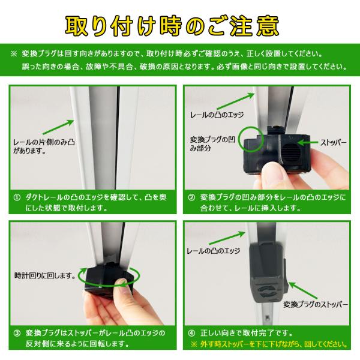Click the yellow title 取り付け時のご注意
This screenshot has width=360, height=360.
(x=172, y=26)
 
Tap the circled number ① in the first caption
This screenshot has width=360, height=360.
(x=17, y=197)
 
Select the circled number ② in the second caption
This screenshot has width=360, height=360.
(x=191, y=197)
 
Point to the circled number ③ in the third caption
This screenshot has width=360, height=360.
(x=17, y=333)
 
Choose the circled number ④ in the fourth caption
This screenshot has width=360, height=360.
(x=191, y=333)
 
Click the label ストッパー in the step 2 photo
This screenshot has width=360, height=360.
(x=334, y=143)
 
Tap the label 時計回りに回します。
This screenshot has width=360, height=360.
(x=45, y=275)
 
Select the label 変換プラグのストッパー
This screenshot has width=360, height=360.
(x=316, y=304)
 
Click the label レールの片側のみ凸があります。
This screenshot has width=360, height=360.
(x=44, y=146)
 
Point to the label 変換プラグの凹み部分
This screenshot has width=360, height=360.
(x=212, y=144)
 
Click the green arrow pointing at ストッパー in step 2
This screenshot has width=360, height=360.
(x=308, y=143)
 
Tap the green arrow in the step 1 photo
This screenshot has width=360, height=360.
(x=58, y=127)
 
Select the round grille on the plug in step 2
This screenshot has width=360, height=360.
(x=290, y=152)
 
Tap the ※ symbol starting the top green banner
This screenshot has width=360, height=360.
(x=14, y=54)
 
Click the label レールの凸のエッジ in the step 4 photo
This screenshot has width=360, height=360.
(x=214, y=251)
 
